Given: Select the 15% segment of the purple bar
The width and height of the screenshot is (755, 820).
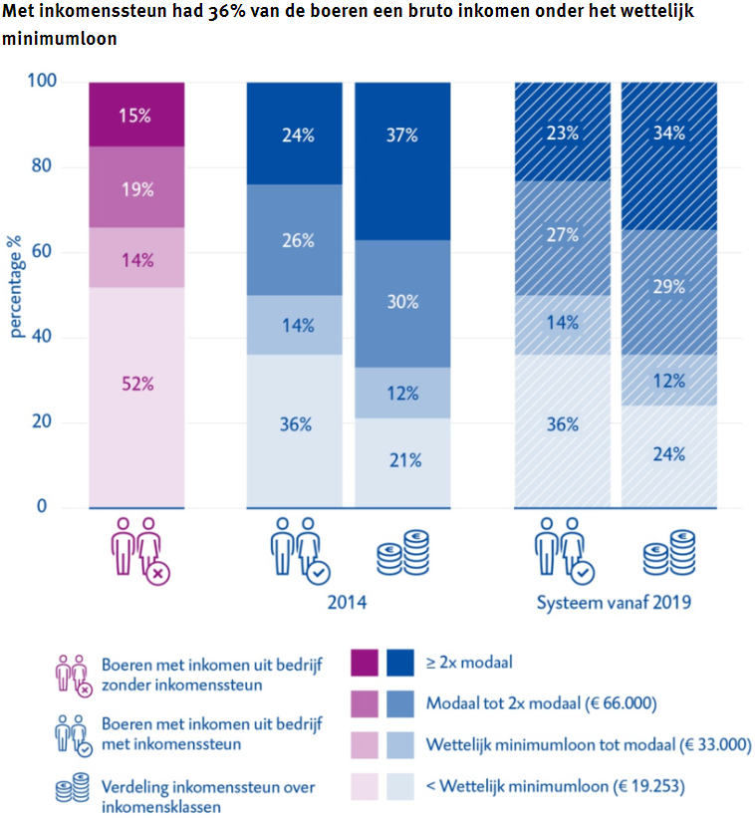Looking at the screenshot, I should pyautogui.click(x=136, y=115).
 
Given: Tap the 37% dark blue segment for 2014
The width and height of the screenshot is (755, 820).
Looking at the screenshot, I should pyautogui.click(x=402, y=136).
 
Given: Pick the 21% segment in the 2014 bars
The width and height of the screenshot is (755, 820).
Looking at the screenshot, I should pyautogui.click(x=402, y=461).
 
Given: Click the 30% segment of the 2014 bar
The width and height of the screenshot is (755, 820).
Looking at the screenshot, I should pyautogui.click(x=402, y=302).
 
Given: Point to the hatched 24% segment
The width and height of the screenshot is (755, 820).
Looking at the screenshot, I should pyautogui.click(x=669, y=454).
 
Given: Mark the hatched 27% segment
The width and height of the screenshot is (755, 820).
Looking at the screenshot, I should pyautogui.click(x=562, y=235).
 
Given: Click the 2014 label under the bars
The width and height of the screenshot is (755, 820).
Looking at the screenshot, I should pyautogui.click(x=348, y=604).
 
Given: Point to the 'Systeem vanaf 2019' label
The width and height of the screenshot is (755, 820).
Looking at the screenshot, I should pyautogui.click(x=615, y=604).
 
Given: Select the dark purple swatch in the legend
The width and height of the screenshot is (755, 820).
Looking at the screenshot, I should pyautogui.click(x=366, y=662).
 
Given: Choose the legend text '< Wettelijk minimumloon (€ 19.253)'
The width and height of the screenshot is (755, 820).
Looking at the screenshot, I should pyautogui.click(x=555, y=787).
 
